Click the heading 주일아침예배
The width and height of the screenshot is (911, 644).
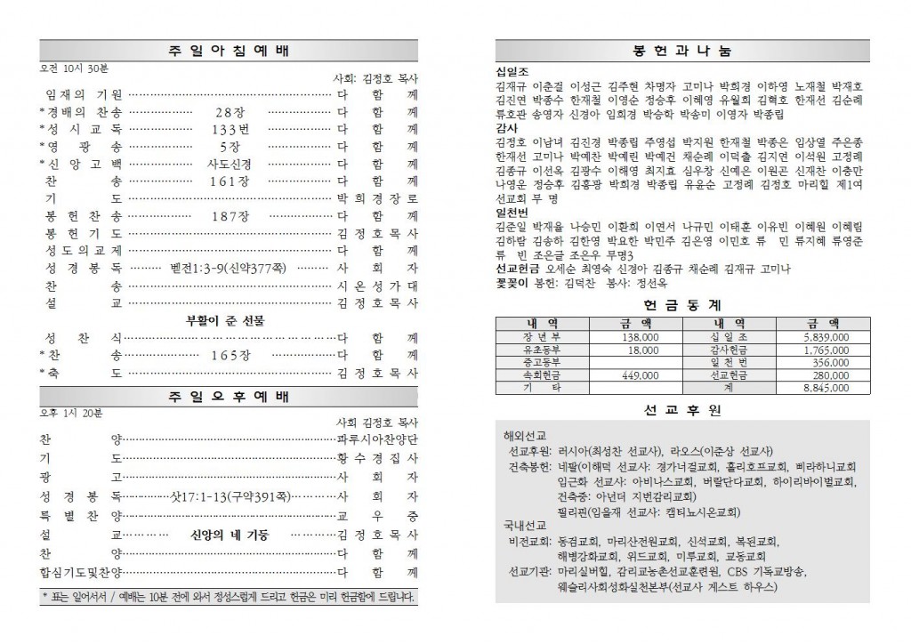(229, 51)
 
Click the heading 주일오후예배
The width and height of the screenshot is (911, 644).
(229, 395)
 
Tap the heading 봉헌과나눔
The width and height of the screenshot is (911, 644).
(682, 51)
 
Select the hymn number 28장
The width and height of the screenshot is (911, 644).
(229, 112)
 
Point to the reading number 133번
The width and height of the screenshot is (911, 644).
(229, 129)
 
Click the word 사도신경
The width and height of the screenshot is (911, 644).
(229, 164)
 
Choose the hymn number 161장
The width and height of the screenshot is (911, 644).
(229, 181)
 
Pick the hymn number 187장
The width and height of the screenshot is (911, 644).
(229, 215)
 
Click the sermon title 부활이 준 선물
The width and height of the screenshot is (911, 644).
(229, 319)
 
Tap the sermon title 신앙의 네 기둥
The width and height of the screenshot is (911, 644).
(230, 535)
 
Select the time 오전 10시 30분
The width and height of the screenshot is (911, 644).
(72, 68)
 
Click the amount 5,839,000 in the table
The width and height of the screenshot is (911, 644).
(825, 338)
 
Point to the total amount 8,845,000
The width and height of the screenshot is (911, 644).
(825, 388)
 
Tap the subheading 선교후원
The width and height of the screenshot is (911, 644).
(682, 410)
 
